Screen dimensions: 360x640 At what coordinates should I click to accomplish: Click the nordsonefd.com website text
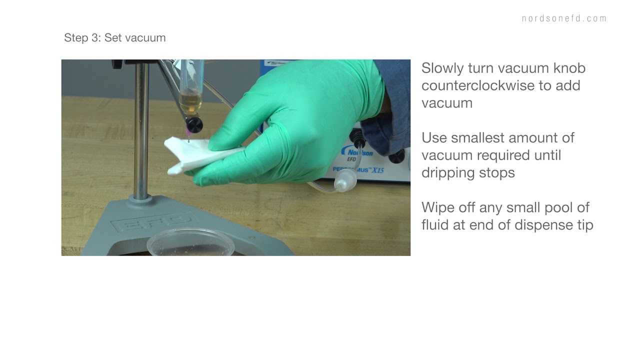point(564,18)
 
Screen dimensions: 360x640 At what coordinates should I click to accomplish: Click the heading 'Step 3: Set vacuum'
point(114,38)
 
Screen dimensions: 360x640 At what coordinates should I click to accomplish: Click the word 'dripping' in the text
point(447,173)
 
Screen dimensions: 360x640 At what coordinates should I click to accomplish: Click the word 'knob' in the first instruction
point(569,68)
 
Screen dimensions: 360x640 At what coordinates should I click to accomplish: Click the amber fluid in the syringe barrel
point(190,102)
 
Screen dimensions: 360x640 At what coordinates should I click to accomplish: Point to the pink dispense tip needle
point(188,134)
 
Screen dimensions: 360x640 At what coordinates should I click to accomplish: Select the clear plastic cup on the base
point(190,243)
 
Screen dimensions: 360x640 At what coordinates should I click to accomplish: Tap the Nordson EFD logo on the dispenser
point(353,152)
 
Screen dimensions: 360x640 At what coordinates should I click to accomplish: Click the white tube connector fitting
point(344,180)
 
